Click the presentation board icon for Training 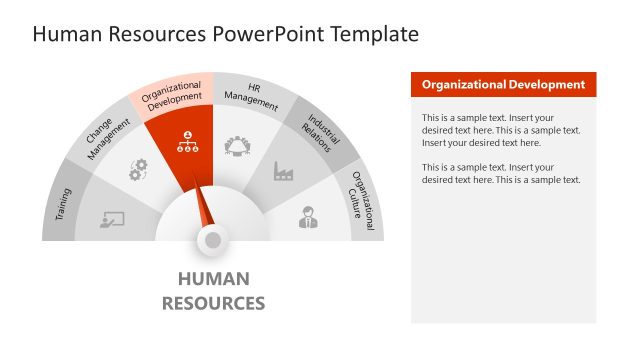[112, 219]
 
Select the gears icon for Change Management [138, 170]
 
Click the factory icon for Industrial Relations [283, 171]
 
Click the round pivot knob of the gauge [212, 240]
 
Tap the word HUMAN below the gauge [213, 279]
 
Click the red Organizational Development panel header [503, 85]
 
